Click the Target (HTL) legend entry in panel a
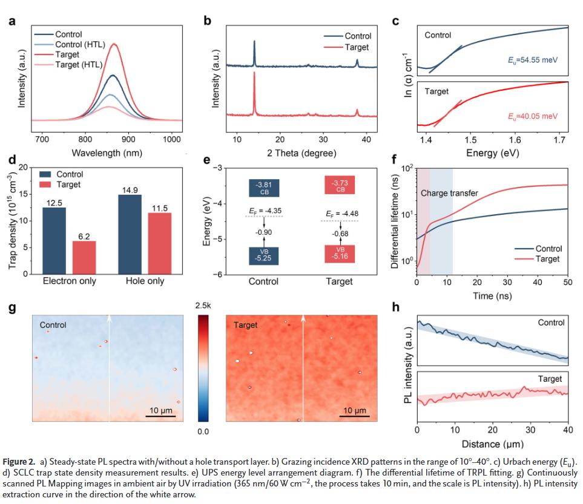79,65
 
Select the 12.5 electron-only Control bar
54,240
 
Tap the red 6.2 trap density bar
84,257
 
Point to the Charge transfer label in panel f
449,194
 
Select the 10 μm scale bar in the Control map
162,415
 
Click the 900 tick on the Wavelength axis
129,140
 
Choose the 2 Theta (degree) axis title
301,152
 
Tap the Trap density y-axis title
13,220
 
